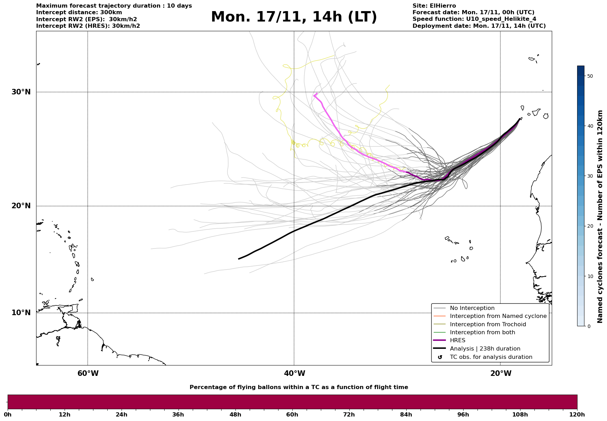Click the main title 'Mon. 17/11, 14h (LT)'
point(294,17)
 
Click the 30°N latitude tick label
point(21,92)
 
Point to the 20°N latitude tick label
point(21,206)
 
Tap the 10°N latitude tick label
point(21,313)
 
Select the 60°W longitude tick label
point(88,373)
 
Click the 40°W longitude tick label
point(294,373)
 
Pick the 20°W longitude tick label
point(501,373)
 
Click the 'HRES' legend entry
point(457,340)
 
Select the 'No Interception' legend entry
point(472,308)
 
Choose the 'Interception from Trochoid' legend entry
point(488,325)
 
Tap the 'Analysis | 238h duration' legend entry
point(485,349)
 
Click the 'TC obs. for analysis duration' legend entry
point(491,357)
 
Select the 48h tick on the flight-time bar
point(235,415)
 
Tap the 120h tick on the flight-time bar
point(577,415)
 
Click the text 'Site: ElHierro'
point(434,6)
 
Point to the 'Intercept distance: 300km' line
point(79,12)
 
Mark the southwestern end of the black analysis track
point(239,259)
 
